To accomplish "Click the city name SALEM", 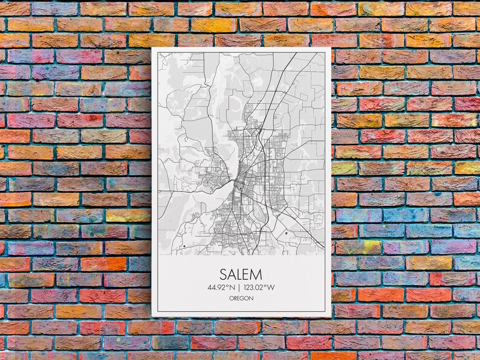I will point(241,274).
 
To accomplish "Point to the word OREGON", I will point(241,298).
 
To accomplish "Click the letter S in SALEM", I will point(223,274).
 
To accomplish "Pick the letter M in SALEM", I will point(259,274).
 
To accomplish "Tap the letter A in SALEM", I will point(232,274).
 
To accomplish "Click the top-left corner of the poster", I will point(152,48).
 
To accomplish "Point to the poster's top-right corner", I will point(331,48).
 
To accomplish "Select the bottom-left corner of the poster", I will point(152,317).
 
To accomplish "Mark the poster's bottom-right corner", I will point(331,317).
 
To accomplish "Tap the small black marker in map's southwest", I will point(183,246).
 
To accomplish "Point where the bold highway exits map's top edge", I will point(296,54).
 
